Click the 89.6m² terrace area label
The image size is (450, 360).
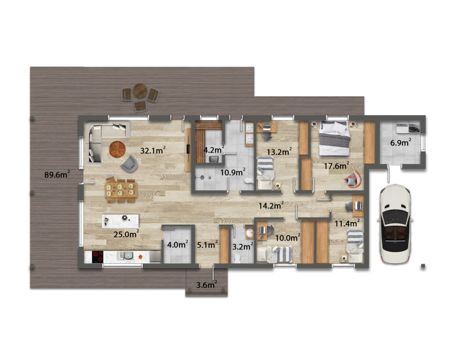point(57,174)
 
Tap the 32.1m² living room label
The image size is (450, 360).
point(152,150)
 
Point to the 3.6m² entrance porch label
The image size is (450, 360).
point(207,285)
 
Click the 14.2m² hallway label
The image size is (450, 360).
point(271,205)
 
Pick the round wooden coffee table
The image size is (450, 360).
point(117,149)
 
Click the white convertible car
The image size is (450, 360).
point(395,224)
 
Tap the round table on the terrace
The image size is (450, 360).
point(140,91)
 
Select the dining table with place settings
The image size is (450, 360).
point(122,189)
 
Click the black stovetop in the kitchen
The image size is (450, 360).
point(98,256)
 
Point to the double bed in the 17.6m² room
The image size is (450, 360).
point(335,138)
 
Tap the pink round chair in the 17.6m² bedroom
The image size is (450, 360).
point(353,179)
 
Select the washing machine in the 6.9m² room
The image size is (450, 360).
point(413,128)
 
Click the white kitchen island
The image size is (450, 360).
point(120,221)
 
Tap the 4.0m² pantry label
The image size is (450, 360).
point(178,244)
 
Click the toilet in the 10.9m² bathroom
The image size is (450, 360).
point(248,180)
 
